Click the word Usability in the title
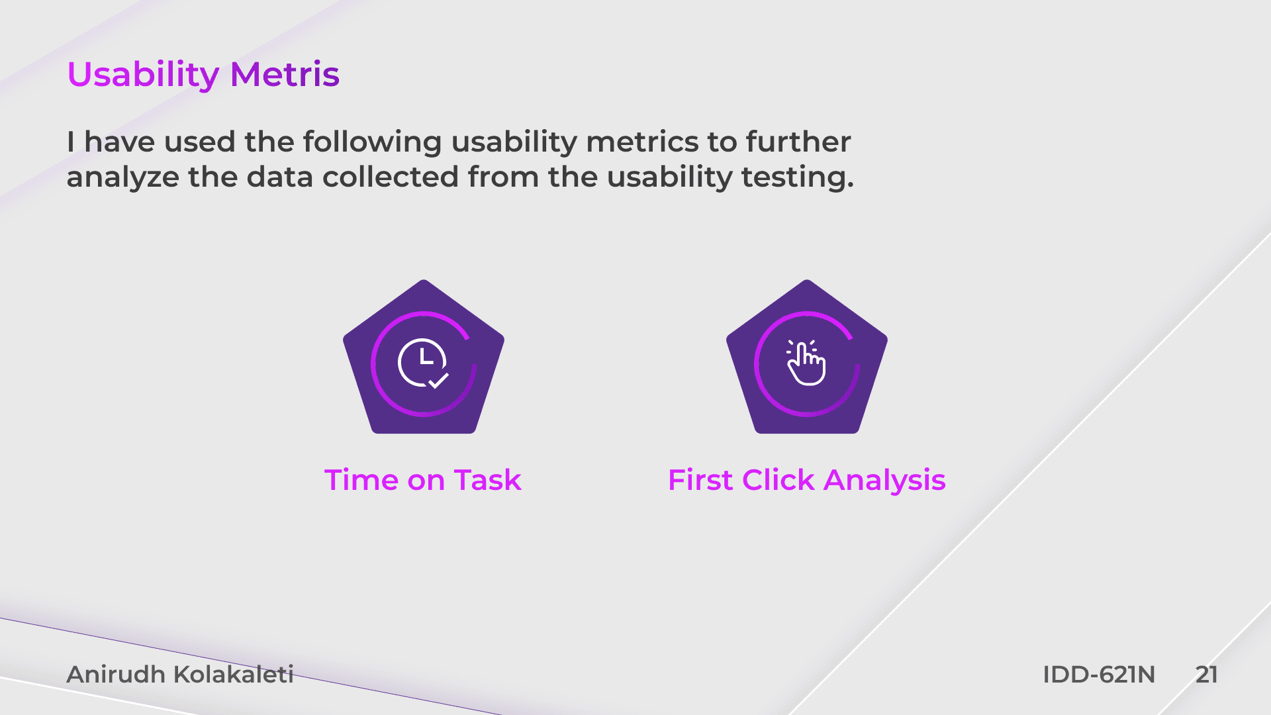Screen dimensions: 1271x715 point(143,75)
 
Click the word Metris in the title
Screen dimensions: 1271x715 point(285,74)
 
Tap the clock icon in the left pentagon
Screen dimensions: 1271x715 point(422,362)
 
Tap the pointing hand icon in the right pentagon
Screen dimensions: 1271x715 point(806,362)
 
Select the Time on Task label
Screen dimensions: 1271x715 point(423,480)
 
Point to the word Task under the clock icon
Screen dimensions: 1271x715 point(488,480)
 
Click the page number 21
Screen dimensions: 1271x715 point(1207,675)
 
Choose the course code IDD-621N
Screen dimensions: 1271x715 point(1099,675)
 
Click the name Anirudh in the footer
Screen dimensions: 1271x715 point(116,675)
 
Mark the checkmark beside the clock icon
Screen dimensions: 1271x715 point(439,381)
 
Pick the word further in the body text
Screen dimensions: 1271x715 point(798,142)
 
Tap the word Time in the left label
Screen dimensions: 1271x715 point(361,480)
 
